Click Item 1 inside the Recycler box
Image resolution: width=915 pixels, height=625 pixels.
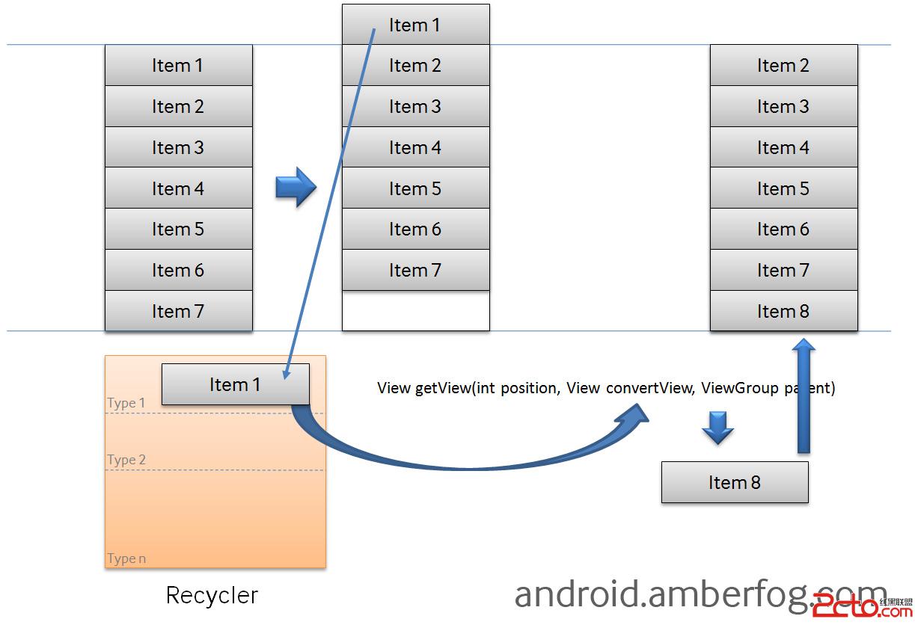(235, 384)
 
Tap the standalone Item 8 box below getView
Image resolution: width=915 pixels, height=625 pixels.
(734, 482)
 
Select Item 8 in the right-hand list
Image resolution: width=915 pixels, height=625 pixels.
(783, 311)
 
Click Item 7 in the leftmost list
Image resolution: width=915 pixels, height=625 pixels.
(178, 311)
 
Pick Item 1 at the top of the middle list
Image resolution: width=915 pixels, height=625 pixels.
(415, 25)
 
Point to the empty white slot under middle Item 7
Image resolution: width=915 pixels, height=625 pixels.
(415, 311)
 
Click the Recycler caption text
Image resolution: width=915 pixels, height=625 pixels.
(212, 595)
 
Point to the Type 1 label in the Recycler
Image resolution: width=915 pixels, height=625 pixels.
(126, 403)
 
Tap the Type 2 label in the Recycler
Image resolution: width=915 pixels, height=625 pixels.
(126, 460)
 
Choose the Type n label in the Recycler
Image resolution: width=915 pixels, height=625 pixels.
(126, 558)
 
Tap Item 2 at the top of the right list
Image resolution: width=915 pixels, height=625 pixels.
(783, 66)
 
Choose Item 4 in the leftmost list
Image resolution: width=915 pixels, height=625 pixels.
(178, 188)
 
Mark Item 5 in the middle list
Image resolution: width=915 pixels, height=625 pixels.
(415, 188)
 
